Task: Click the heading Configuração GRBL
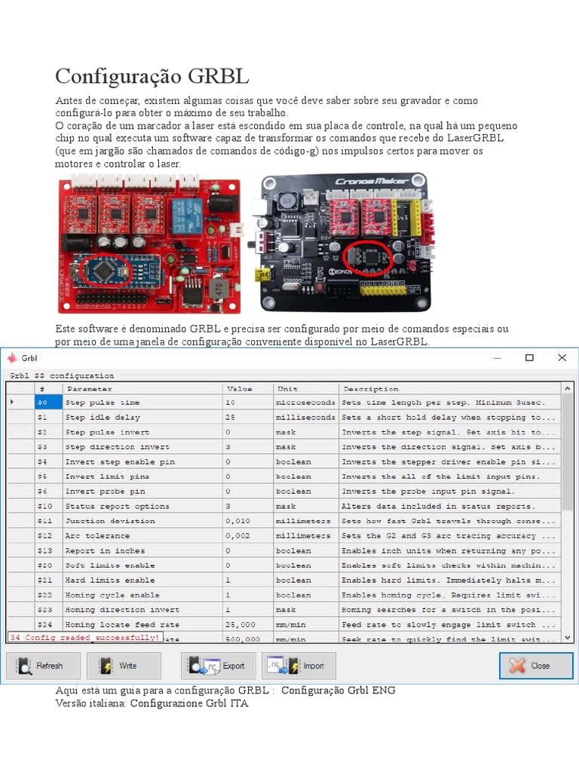pyautogui.click(x=152, y=77)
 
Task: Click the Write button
pyautogui.click(x=124, y=666)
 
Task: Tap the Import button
pyautogui.click(x=299, y=666)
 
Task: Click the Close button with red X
pyautogui.click(x=536, y=666)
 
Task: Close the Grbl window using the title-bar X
pyautogui.click(x=562, y=358)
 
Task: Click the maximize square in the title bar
pyautogui.click(x=529, y=358)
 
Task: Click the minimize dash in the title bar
pyautogui.click(x=496, y=358)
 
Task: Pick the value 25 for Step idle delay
pyautogui.click(x=231, y=418)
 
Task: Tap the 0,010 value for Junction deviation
pyautogui.click(x=238, y=521)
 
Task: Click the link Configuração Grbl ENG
pyautogui.click(x=338, y=691)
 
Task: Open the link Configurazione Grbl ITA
pyautogui.click(x=188, y=703)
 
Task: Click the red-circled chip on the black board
pyautogui.click(x=371, y=257)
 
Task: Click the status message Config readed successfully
pyautogui.click(x=84, y=638)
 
